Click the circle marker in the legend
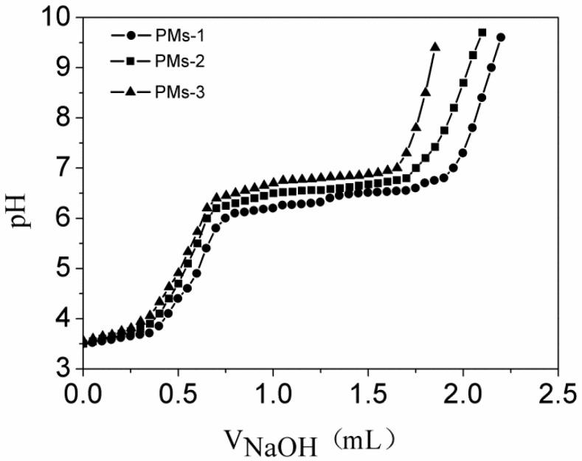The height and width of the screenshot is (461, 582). click(x=131, y=35)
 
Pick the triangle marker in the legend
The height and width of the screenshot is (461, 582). click(x=131, y=91)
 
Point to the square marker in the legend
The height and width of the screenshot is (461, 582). click(x=131, y=63)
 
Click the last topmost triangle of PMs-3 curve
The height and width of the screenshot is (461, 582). click(x=435, y=47)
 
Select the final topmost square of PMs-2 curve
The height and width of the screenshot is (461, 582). click(x=482, y=33)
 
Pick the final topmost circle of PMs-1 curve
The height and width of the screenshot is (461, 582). click(x=501, y=37)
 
